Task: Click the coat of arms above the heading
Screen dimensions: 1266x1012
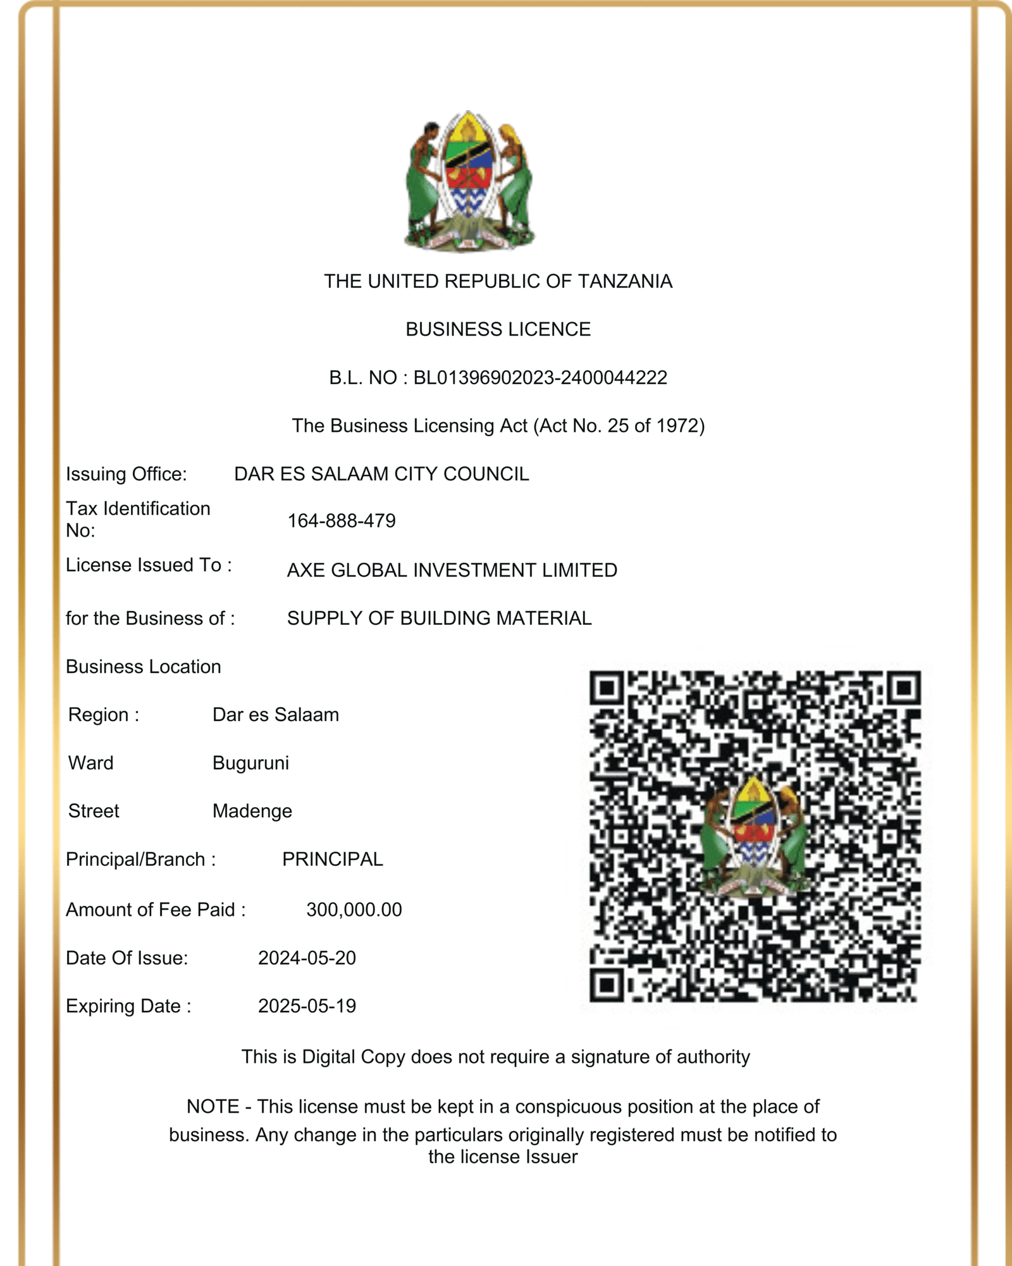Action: (468, 182)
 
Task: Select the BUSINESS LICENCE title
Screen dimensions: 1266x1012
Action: (498, 329)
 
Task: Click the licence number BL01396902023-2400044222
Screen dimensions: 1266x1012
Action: (540, 378)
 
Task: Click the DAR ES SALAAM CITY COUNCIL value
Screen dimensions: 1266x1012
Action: (381, 474)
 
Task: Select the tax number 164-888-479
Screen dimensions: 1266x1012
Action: (342, 521)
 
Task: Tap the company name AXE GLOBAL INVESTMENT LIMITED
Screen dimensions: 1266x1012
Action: (452, 570)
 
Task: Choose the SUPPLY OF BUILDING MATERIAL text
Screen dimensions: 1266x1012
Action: (439, 618)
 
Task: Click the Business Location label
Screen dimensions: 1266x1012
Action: (144, 667)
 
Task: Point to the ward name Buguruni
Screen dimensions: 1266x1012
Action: (250, 763)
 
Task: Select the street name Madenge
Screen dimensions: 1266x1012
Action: (252, 811)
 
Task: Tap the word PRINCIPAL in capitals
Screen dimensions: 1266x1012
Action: (333, 859)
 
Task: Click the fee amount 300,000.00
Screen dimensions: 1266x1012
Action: (354, 910)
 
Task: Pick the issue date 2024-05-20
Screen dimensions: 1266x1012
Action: (307, 958)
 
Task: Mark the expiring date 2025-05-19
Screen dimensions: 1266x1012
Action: (307, 1006)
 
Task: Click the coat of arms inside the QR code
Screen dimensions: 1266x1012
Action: (755, 836)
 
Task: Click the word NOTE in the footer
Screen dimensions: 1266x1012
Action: (213, 1106)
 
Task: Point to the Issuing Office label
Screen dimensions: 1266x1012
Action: (126, 474)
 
